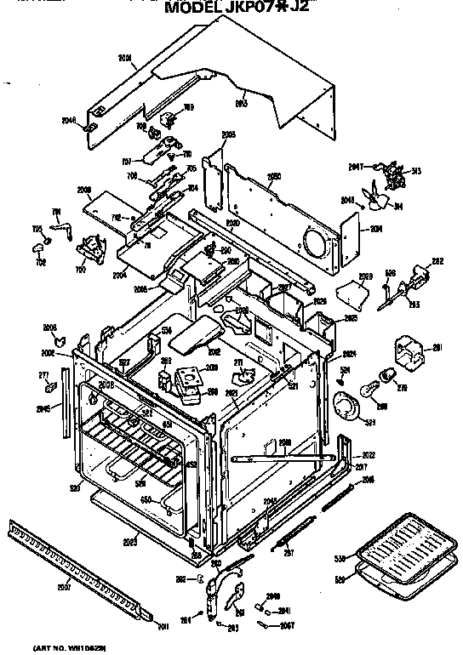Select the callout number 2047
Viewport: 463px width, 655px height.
coord(356,166)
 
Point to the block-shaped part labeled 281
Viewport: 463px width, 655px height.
coord(409,352)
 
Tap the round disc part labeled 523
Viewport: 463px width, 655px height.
coord(347,407)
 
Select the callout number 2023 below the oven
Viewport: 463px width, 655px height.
coord(130,539)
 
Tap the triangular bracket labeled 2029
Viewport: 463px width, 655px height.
coord(354,294)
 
